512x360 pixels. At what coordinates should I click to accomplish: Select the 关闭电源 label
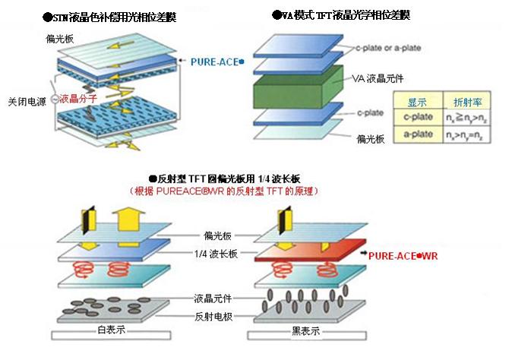coord(25,100)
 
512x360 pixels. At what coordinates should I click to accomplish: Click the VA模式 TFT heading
coord(341,15)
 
